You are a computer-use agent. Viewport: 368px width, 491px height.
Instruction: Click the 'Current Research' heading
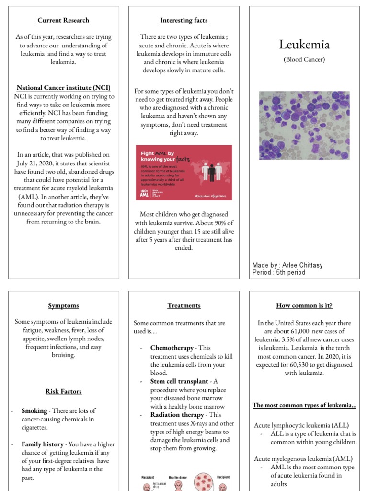point(63,20)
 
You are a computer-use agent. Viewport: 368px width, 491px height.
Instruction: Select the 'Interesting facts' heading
point(184,20)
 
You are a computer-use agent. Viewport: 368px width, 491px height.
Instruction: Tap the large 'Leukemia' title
point(304,45)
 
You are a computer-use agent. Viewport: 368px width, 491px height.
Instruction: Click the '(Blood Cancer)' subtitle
point(304,60)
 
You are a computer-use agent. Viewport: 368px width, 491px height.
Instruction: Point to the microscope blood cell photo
point(304,126)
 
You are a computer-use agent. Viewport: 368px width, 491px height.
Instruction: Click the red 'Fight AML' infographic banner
point(184,173)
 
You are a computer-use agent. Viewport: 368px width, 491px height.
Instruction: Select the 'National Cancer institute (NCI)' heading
point(63,88)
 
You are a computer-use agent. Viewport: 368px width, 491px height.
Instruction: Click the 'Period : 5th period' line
point(278,272)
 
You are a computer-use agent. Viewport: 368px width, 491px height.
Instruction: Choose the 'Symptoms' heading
point(63,305)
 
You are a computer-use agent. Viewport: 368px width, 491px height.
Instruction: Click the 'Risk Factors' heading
point(63,391)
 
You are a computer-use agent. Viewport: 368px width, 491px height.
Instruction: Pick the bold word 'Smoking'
point(34,411)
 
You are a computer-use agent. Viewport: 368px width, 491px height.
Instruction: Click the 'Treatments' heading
point(184,305)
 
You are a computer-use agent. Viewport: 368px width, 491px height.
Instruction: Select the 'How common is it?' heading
point(304,305)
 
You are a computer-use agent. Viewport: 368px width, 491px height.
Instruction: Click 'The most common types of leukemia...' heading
point(304,405)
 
